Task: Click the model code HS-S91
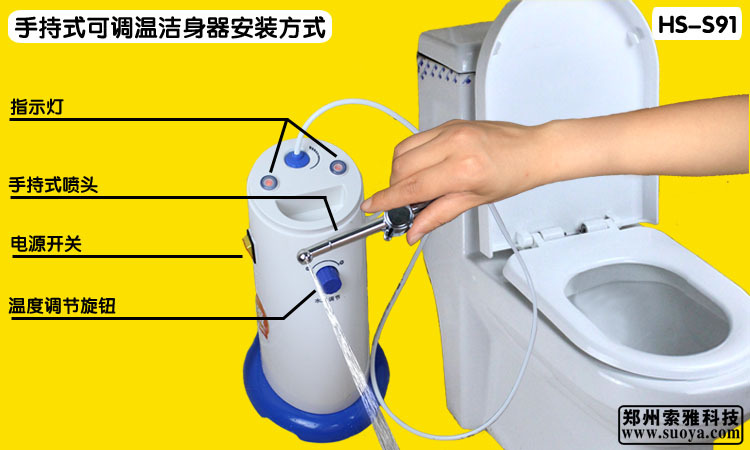pyautogui.click(x=696, y=25)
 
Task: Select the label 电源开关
pyautogui.click(x=46, y=244)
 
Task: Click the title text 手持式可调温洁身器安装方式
pyautogui.click(x=169, y=27)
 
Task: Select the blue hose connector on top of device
pyautogui.click(x=296, y=158)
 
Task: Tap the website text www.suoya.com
pyautogui.click(x=680, y=435)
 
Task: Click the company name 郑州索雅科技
pyautogui.click(x=680, y=416)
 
